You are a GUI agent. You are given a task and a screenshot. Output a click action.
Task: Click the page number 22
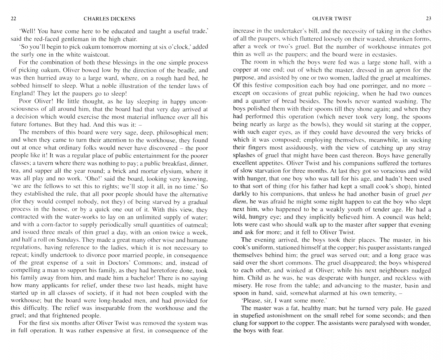click(x=13, y=19)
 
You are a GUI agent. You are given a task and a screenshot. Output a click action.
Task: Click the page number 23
click(x=429, y=19)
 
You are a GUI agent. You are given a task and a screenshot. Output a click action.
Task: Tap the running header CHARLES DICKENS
click(x=109, y=19)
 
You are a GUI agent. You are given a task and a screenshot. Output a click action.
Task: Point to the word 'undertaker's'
click(x=281, y=31)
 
